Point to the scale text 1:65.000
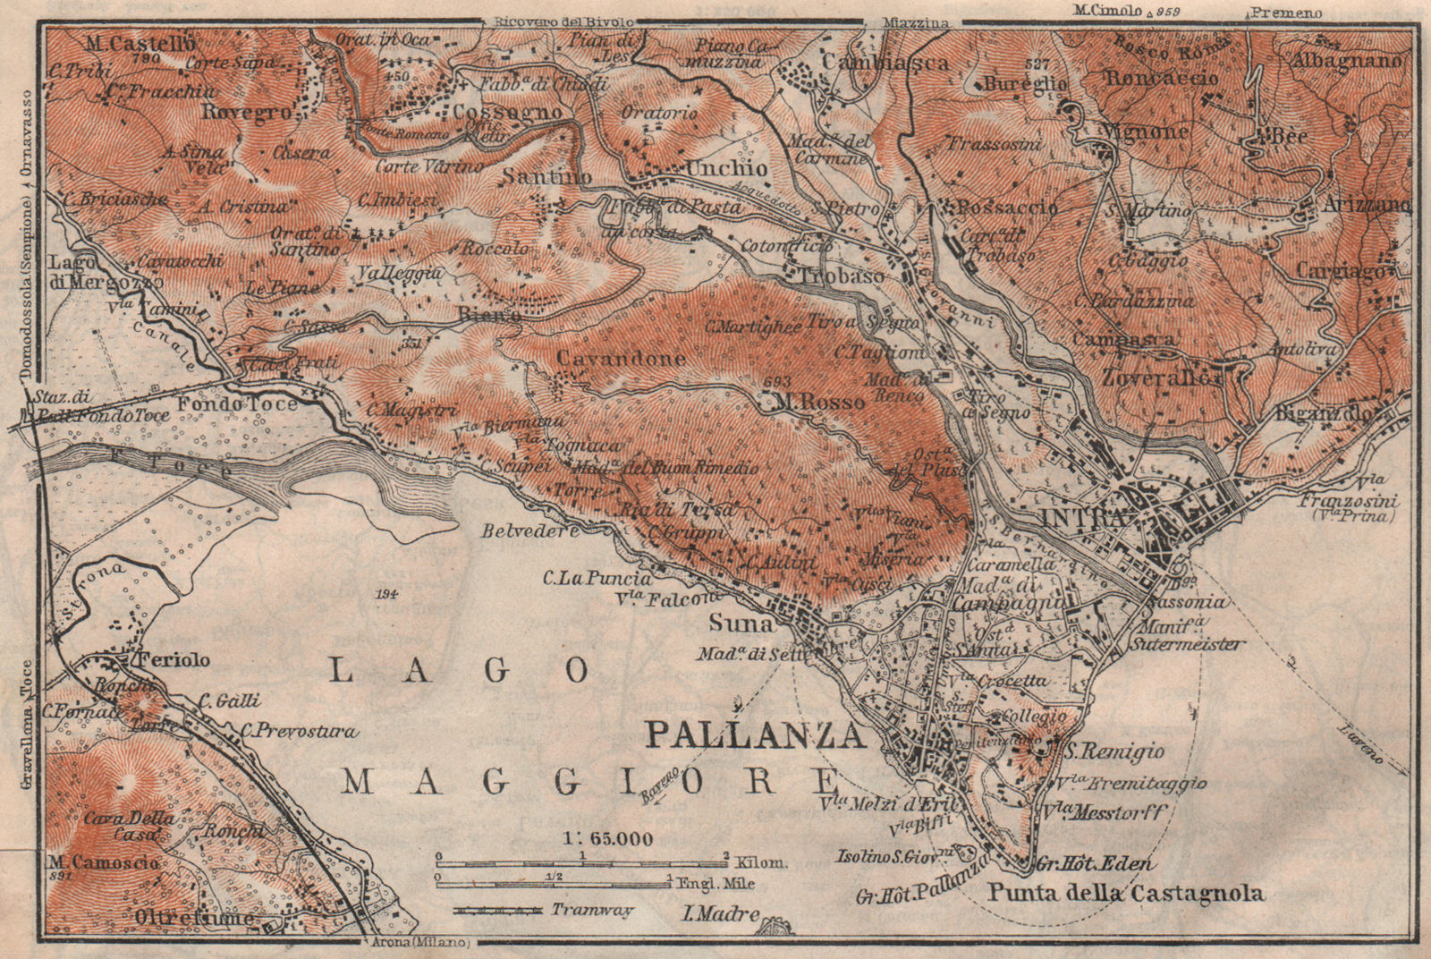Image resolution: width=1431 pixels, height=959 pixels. tap(608, 838)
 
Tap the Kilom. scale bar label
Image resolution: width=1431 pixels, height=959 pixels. tap(761, 862)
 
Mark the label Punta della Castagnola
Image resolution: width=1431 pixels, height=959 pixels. tap(1126, 892)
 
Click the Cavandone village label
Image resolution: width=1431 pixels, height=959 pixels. tap(621, 359)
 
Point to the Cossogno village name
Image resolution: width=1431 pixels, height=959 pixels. tap(508, 113)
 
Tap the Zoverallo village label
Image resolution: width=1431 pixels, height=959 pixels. tap(1161, 378)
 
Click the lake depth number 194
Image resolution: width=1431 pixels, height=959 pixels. tap(386, 593)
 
